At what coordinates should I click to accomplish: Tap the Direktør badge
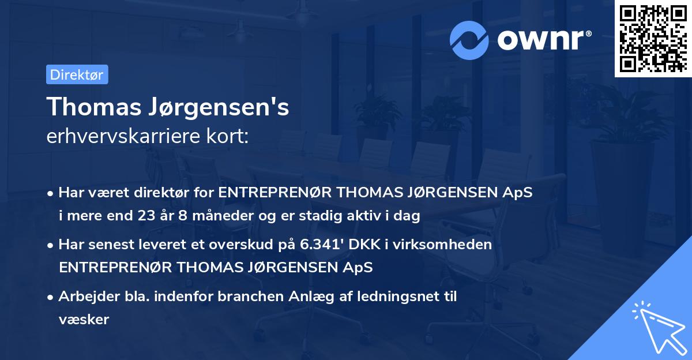pos(77,74)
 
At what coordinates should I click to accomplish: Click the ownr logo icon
pos(469,39)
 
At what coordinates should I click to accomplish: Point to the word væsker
pos(84,319)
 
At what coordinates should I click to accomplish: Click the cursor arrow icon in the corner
pos(657,325)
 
